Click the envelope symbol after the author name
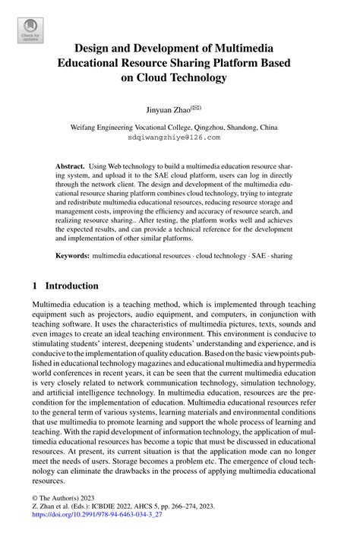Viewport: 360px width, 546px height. click(x=196, y=107)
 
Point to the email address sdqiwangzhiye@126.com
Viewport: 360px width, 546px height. click(x=179, y=138)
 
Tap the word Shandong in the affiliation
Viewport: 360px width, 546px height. click(x=245, y=128)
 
